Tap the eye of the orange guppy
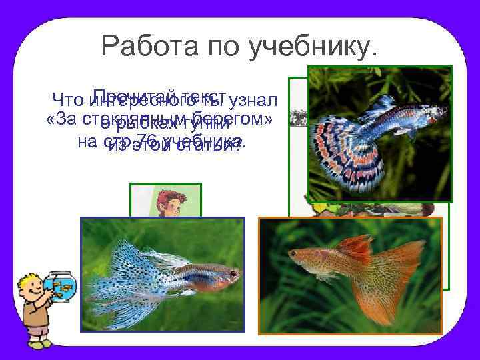coord(294,254)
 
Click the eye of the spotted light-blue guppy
coord(233,273)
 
